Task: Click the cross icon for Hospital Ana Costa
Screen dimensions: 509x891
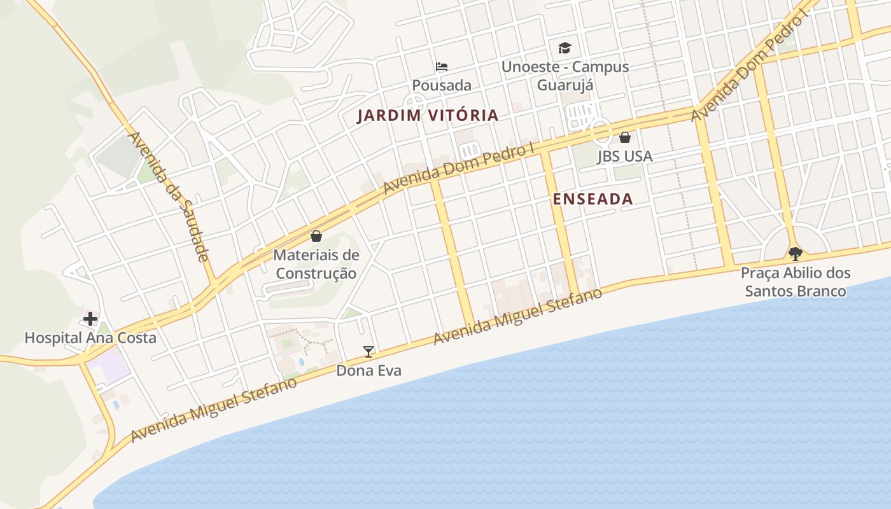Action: (90, 318)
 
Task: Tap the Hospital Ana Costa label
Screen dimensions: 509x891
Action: (90, 338)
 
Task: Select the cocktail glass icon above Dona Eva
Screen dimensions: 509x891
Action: (368, 351)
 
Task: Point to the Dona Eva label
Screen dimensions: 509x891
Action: (368, 370)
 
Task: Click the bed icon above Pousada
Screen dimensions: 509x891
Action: (442, 66)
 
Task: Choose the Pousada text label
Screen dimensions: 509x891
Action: (442, 85)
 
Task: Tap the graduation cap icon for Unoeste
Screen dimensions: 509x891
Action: (565, 48)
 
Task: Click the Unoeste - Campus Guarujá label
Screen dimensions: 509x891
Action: (565, 76)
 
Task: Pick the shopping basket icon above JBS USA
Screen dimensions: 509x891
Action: (625, 137)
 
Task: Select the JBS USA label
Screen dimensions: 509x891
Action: (624, 157)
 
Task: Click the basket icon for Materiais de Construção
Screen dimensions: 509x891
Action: (316, 236)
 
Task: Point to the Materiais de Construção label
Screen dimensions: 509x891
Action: (316, 264)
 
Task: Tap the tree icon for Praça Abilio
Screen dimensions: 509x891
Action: (795, 254)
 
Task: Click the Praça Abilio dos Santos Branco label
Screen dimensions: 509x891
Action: (796, 282)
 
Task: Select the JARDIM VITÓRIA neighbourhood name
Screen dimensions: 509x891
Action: (427, 116)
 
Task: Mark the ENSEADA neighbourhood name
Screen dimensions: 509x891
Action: (593, 199)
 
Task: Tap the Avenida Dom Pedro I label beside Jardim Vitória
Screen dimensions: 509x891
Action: (458, 169)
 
